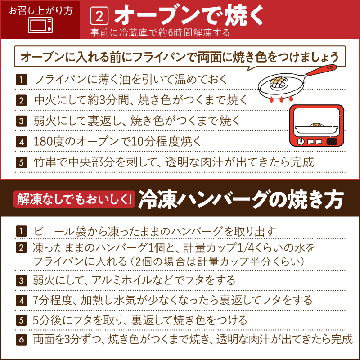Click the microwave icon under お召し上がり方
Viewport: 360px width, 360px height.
[40, 26]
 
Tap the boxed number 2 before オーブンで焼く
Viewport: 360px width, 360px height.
[99, 16]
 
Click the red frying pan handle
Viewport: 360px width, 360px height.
[321, 70]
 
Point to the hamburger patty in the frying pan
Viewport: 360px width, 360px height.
[279, 83]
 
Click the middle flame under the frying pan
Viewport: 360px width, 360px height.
[282, 99]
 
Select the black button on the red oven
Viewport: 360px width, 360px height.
[332, 141]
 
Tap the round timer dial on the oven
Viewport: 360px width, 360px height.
[301, 141]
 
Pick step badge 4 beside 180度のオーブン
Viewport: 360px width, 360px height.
[21, 142]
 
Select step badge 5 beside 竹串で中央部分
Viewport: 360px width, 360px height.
[21, 162]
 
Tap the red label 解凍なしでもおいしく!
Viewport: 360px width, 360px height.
[74, 199]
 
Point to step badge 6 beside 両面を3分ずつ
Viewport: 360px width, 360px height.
[21, 340]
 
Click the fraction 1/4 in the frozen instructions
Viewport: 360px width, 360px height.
[245, 248]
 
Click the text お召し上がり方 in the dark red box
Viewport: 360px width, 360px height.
[40, 10]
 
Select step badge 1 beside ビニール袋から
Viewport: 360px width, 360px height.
[21, 231]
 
